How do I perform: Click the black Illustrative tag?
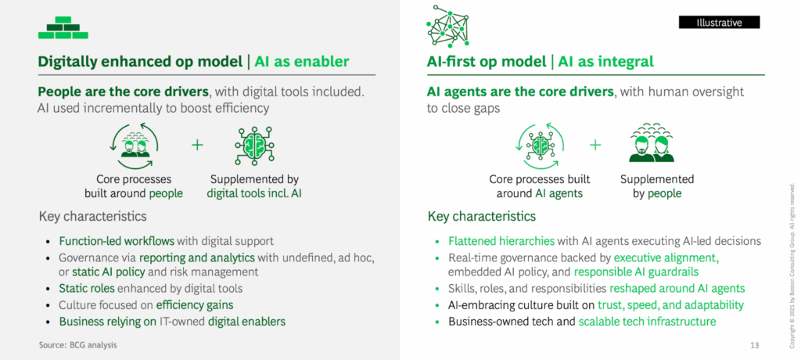pyautogui.click(x=719, y=23)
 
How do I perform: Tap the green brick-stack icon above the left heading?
pyautogui.click(x=63, y=28)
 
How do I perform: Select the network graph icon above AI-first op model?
pyautogui.click(x=450, y=26)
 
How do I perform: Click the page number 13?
pyautogui.click(x=755, y=344)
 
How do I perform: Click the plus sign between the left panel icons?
pyautogui.click(x=196, y=144)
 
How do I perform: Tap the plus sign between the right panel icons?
pyautogui.click(x=595, y=144)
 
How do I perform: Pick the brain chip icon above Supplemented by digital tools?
pyautogui.click(x=253, y=145)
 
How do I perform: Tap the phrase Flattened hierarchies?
pyautogui.click(x=501, y=241)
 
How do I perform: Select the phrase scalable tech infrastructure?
pyautogui.click(x=647, y=321)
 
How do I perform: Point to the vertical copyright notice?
pyautogui.click(x=792, y=250)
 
